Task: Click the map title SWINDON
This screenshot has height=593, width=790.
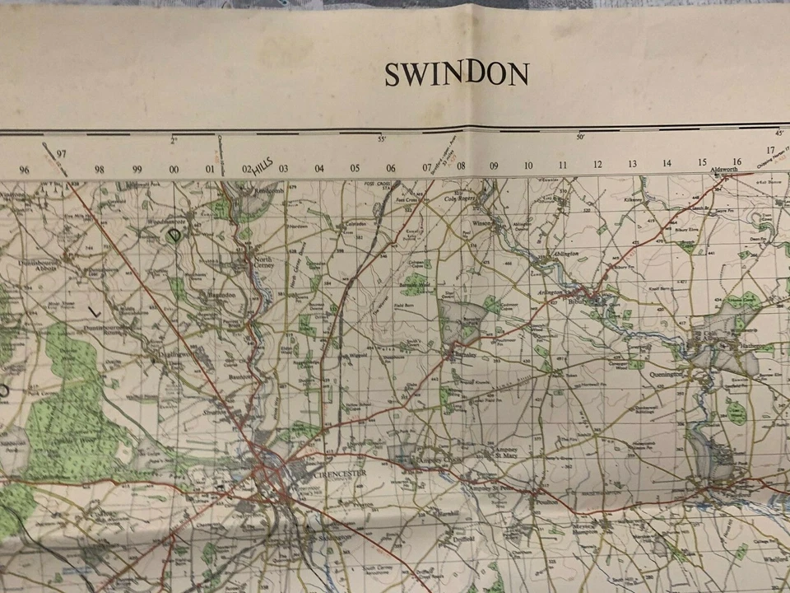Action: [458, 75]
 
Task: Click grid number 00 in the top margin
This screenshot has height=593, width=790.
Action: [174, 170]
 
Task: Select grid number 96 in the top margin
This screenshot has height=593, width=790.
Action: [24, 170]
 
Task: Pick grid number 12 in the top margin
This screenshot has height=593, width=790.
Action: [597, 165]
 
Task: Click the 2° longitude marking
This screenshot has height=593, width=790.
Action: [174, 141]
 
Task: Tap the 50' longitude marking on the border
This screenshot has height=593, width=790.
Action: [580, 137]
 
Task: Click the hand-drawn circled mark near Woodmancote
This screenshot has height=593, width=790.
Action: [174, 235]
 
